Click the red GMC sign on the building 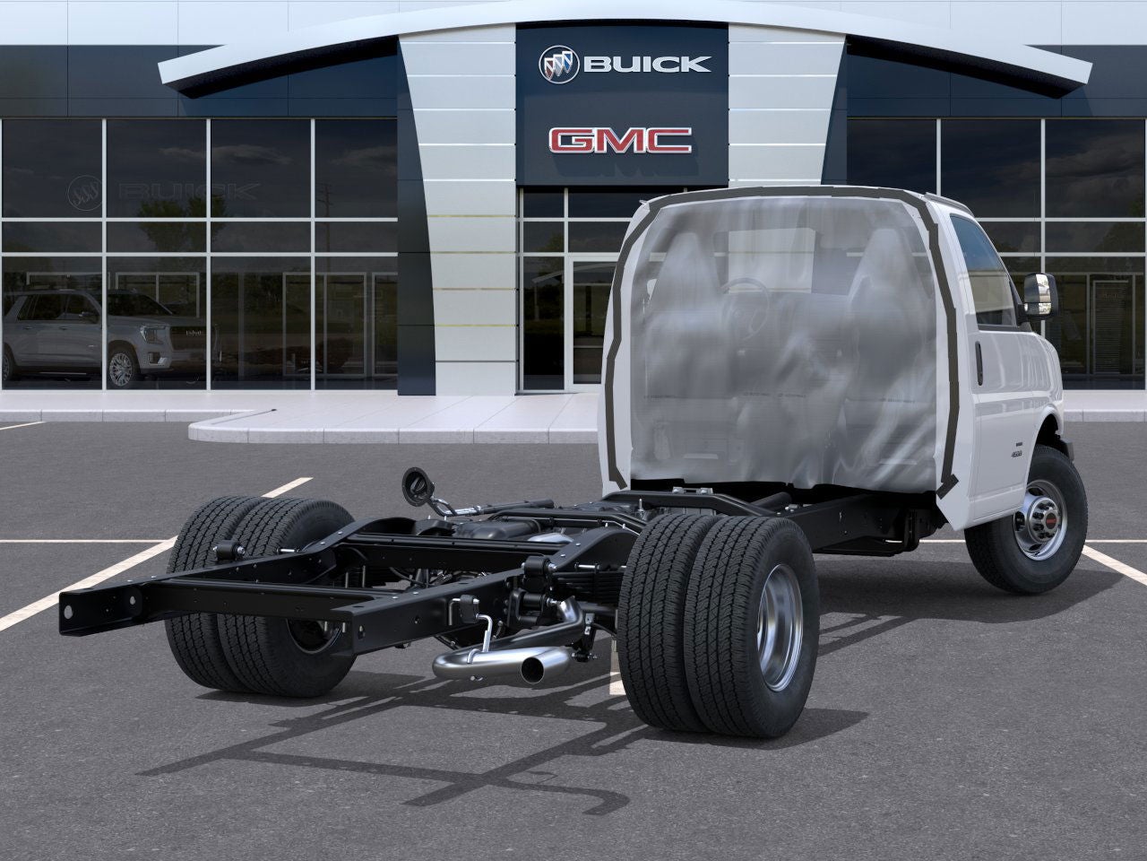click(620, 141)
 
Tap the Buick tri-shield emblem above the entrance click(559, 64)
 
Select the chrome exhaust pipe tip click(534, 667)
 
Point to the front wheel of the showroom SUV click(122, 367)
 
